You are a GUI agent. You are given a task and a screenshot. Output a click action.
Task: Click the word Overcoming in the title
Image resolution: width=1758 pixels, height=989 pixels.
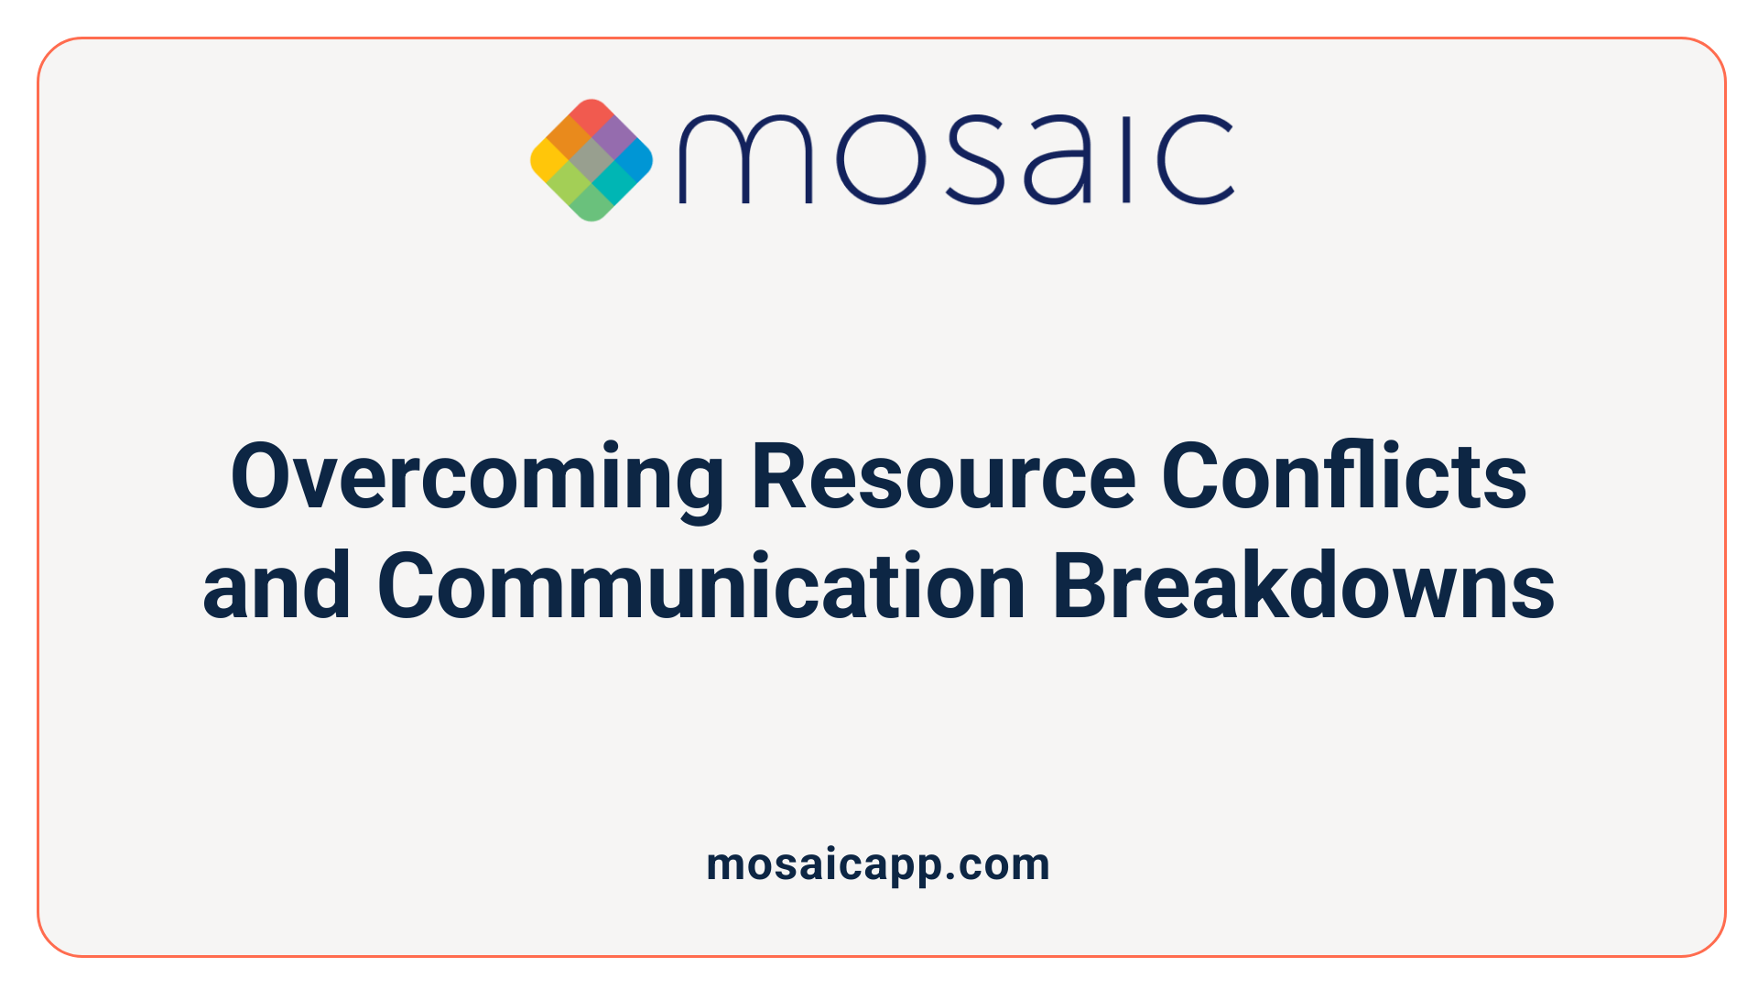coord(476,478)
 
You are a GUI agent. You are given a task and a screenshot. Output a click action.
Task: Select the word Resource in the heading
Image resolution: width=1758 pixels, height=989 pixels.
coord(943,478)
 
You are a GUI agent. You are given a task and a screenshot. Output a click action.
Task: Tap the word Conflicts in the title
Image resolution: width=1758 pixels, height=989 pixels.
coord(1344,478)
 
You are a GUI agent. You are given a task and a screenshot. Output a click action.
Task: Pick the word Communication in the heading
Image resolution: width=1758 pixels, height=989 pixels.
coord(701,586)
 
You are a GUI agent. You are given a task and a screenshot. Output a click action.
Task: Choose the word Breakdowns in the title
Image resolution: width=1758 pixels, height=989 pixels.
coord(1303,586)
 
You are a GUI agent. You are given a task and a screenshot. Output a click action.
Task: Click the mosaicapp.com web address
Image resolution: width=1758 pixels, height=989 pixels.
coord(878,864)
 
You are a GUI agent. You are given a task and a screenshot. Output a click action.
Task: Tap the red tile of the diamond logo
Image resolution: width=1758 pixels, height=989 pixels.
coord(591,117)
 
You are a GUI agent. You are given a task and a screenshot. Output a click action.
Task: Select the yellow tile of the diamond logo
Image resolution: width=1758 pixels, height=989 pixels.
coord(549,160)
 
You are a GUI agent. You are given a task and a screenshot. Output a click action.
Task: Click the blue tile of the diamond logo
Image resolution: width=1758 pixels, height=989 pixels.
coord(634,160)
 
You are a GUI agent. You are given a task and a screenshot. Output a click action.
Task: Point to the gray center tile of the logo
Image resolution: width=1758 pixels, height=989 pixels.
coord(591,160)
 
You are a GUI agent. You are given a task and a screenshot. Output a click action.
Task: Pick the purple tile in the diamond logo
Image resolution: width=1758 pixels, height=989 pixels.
coord(613,138)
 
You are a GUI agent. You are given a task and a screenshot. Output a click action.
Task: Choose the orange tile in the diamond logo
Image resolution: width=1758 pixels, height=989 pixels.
coord(570,138)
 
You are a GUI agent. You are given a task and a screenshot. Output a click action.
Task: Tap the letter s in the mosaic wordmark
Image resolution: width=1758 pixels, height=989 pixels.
coord(971,159)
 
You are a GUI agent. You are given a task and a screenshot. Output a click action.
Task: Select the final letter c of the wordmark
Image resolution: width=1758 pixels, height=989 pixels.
coord(1195,159)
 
